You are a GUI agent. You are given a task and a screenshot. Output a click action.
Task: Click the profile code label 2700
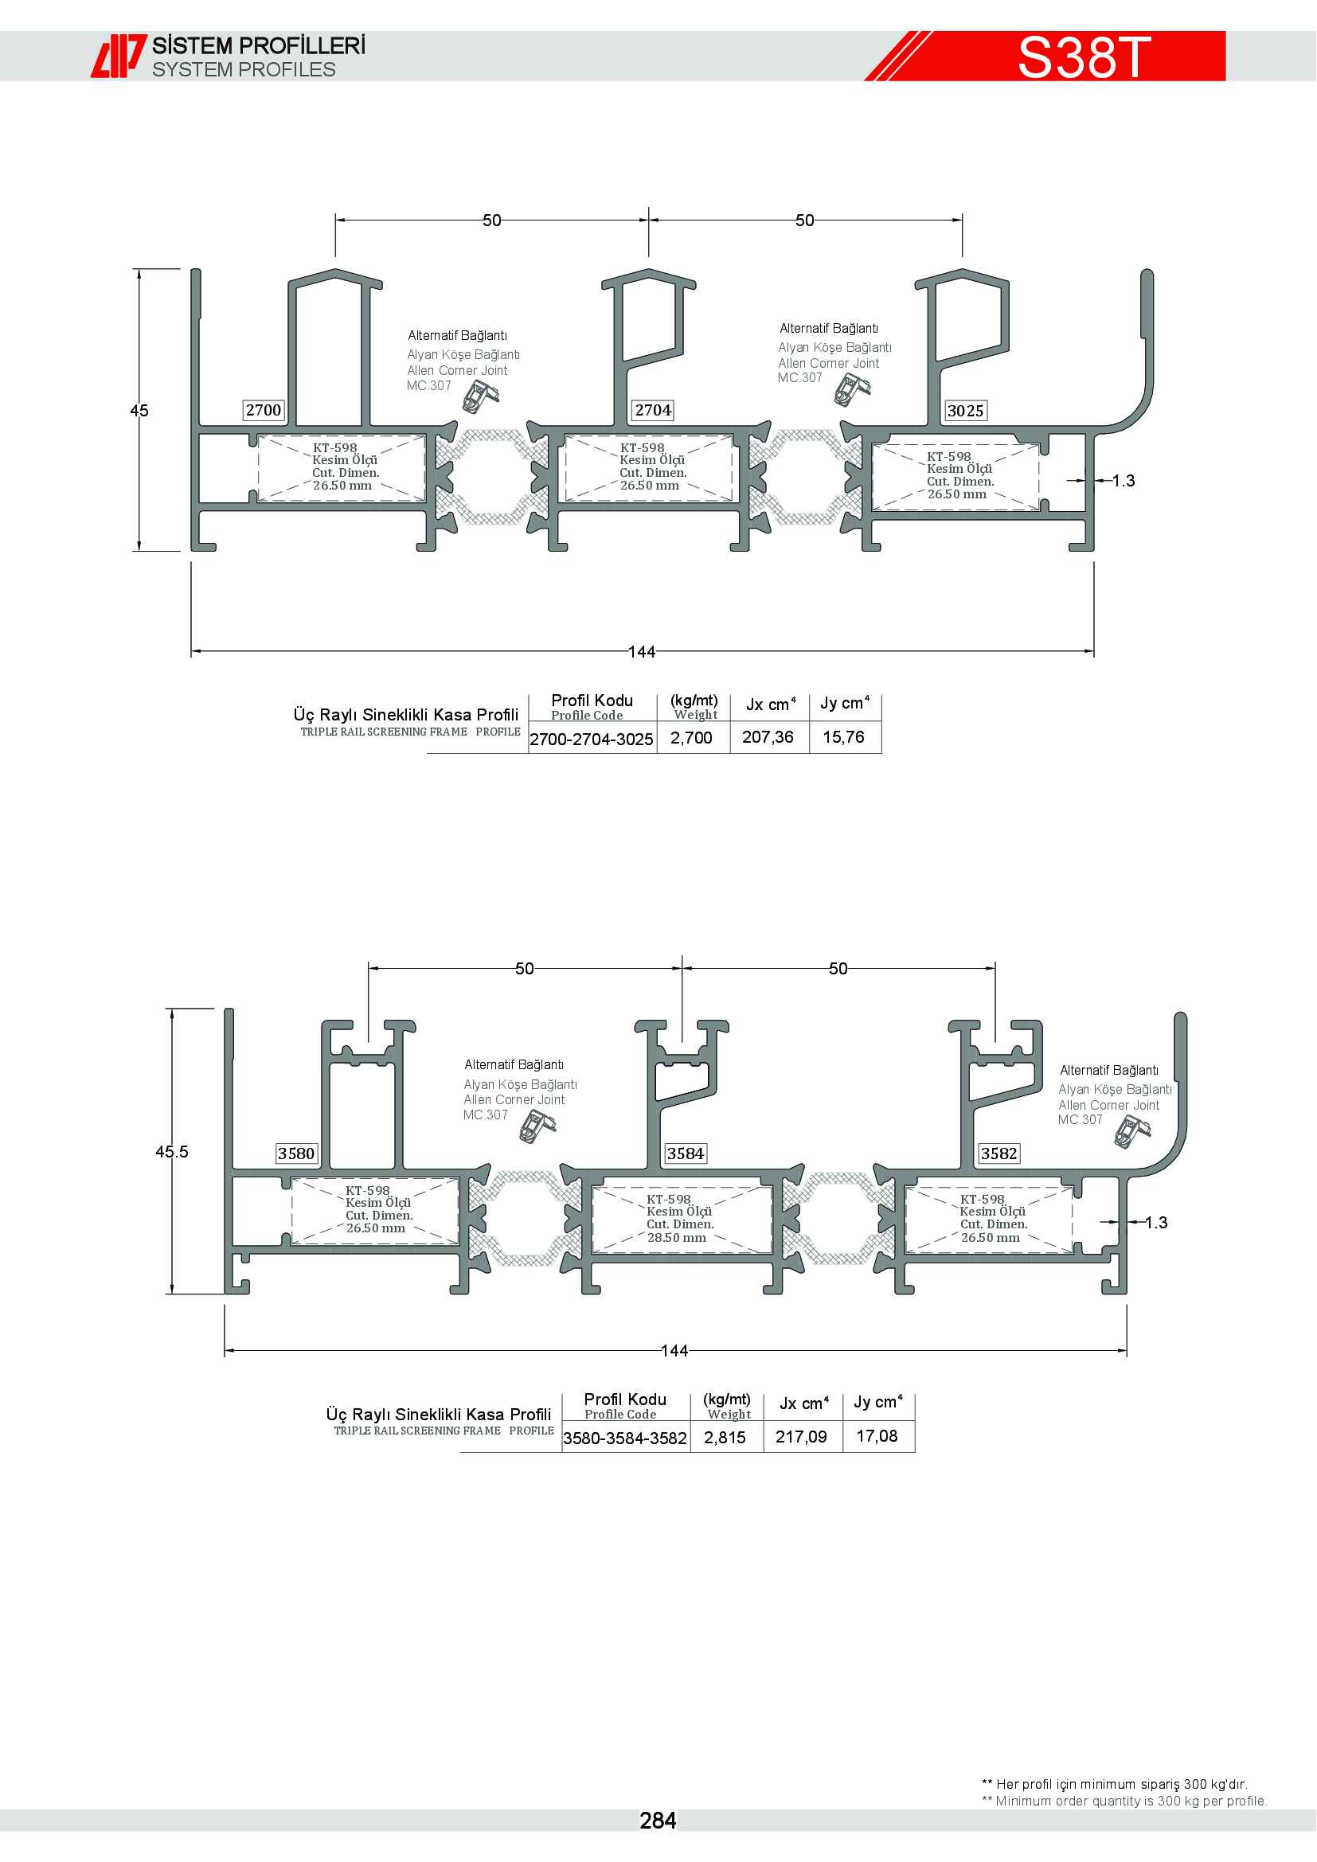click(264, 410)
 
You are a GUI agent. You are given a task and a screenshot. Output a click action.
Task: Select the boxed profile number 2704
click(653, 410)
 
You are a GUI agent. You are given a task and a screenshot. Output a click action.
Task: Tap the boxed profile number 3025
click(965, 411)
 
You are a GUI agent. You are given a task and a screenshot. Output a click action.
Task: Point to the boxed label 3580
click(296, 1154)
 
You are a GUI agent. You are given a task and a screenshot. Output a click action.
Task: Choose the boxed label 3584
click(686, 1154)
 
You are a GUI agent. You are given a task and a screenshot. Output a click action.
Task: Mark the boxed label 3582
click(998, 1154)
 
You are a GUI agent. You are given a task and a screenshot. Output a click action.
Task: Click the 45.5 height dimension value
click(172, 1152)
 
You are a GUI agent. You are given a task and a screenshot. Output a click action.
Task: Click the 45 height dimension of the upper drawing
click(139, 410)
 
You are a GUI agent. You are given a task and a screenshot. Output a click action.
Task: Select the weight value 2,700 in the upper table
click(691, 738)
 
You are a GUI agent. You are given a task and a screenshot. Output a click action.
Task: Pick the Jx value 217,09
click(801, 1437)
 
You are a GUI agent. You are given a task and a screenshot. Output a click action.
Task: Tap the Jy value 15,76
click(843, 737)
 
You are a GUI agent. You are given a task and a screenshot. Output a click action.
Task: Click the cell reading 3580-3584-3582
click(625, 1438)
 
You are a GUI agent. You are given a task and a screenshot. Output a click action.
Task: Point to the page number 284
click(658, 1821)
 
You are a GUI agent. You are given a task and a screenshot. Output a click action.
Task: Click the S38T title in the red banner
click(1084, 57)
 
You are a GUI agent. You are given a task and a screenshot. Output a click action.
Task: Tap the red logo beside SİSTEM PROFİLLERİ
click(119, 56)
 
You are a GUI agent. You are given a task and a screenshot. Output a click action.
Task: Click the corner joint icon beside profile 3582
click(1132, 1130)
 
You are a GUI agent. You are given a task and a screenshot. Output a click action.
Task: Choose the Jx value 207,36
click(768, 737)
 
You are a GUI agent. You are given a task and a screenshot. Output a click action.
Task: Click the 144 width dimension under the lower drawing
click(674, 1351)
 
